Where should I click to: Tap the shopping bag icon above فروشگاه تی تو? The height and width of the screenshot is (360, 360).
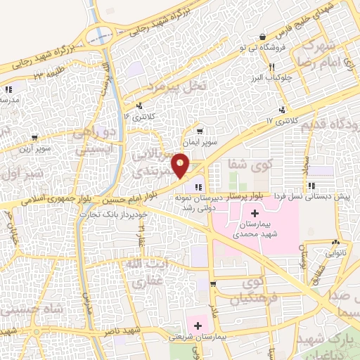(x=262, y=37)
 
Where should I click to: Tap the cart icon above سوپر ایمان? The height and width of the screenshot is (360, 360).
(x=200, y=131)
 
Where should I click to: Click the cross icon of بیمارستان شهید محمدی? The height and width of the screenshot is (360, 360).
(x=255, y=213)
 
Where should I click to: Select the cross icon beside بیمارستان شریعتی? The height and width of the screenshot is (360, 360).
(x=198, y=326)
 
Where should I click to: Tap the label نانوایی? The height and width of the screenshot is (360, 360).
(x=334, y=252)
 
